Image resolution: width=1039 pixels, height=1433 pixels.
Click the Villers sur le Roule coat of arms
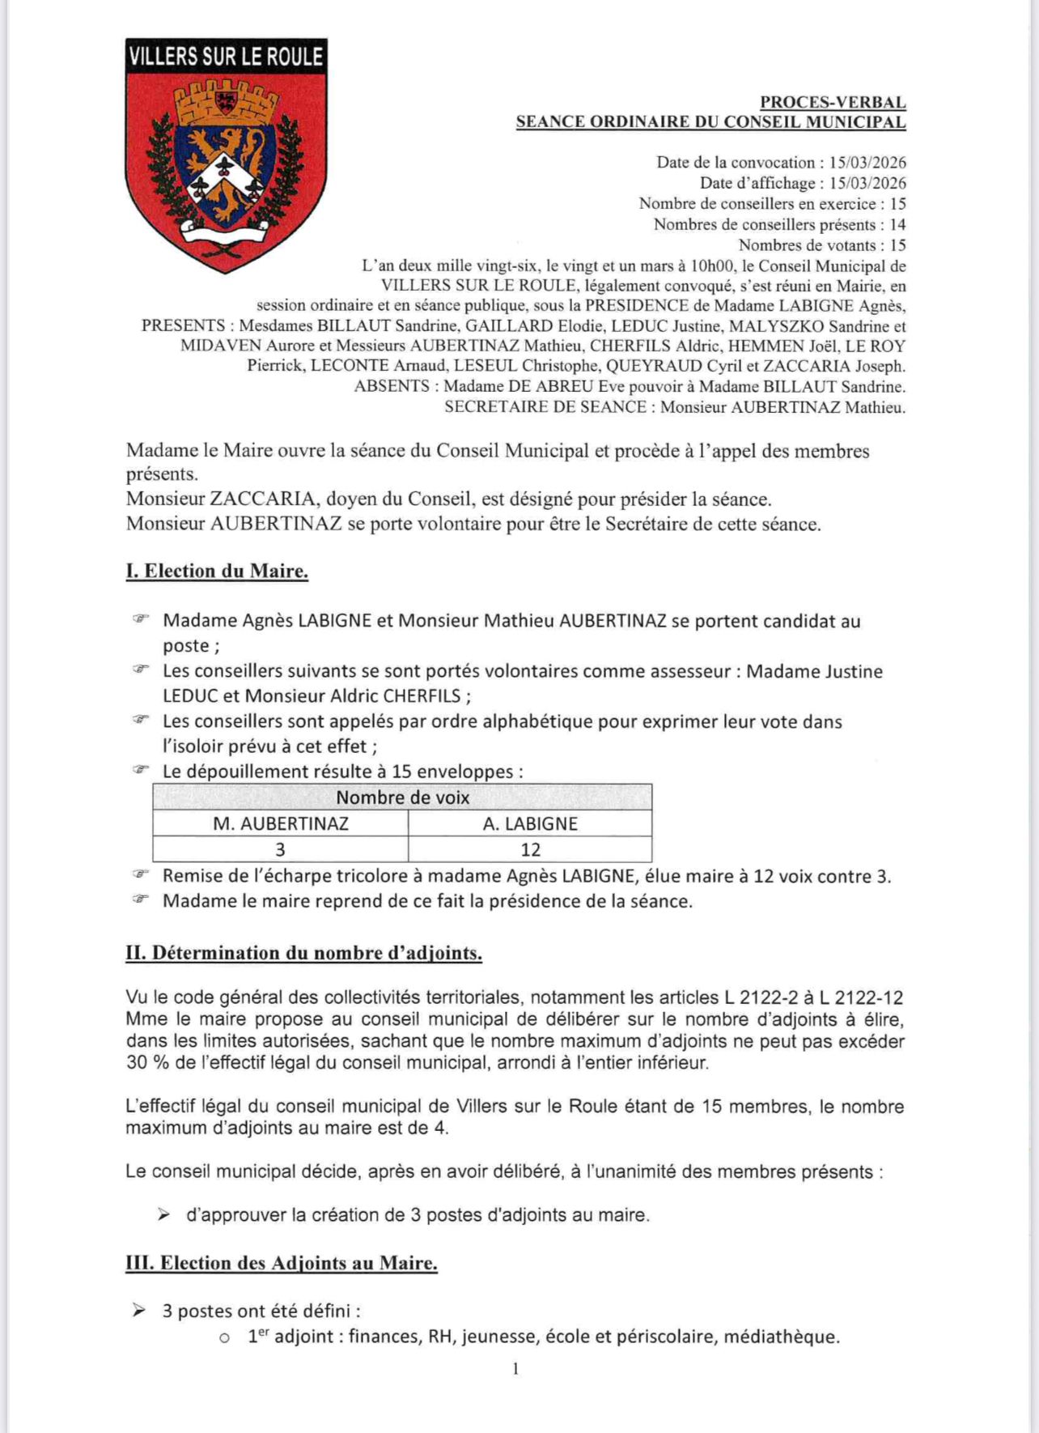(226, 155)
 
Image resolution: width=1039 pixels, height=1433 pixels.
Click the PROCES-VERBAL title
(833, 103)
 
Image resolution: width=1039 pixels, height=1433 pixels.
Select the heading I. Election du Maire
(217, 571)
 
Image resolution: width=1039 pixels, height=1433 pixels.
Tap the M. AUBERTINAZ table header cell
(281, 823)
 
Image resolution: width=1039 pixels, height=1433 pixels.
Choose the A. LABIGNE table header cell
(530, 823)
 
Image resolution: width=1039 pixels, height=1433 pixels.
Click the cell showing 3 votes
(281, 849)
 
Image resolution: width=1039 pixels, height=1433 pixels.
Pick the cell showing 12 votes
(530, 849)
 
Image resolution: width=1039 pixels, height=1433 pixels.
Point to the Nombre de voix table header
(402, 797)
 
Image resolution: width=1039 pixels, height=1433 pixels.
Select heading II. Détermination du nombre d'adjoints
(303, 953)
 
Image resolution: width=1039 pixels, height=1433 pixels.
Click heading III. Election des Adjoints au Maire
(282, 1263)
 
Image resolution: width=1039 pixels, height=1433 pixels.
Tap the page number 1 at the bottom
(515, 1369)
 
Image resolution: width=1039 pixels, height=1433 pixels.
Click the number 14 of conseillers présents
(897, 224)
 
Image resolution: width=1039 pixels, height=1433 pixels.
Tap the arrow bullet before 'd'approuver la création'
(164, 1214)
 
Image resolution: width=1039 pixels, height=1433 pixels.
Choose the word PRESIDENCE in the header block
(631, 306)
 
